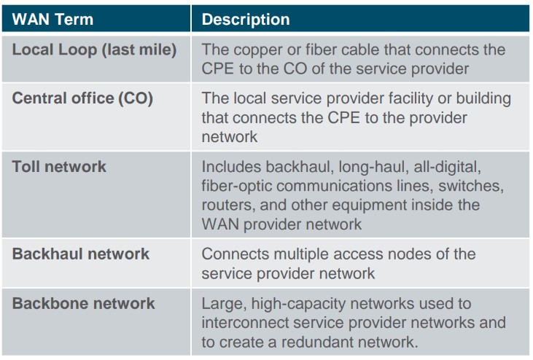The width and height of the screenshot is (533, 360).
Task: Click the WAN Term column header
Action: tap(52, 20)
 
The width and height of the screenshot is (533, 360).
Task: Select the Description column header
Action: tap(246, 20)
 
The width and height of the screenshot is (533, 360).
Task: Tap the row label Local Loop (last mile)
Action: tap(95, 50)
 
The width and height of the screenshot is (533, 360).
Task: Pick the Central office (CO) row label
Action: tap(82, 98)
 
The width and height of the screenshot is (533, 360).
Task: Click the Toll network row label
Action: tap(59, 167)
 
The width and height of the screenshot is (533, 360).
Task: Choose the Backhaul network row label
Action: tap(81, 254)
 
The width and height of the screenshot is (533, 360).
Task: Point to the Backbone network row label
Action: tap(84, 304)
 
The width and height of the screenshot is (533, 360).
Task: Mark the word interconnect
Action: tap(245, 323)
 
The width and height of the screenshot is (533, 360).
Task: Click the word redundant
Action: tap(316, 343)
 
